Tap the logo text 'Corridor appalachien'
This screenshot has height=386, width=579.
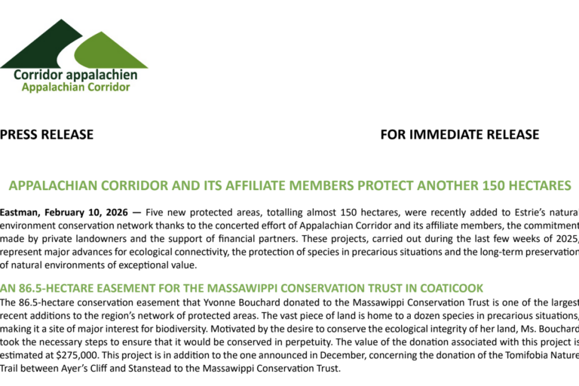tap(75, 75)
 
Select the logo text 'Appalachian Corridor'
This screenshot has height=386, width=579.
tap(75, 87)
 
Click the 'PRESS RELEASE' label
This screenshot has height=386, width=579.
tap(47, 135)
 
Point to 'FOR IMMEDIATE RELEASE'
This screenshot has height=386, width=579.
tap(460, 135)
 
